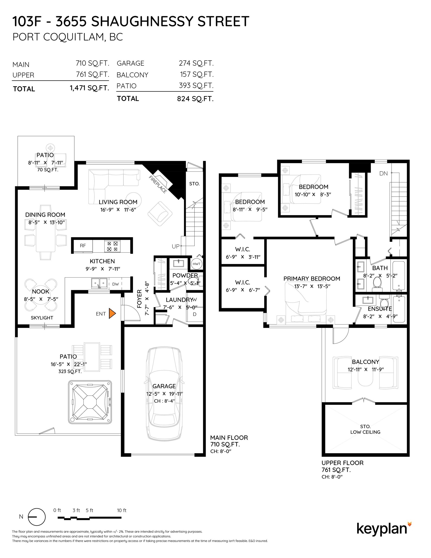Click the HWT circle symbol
tap(196, 264)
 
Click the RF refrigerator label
tap(83, 246)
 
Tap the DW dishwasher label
tap(115, 284)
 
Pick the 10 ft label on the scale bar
tap(122, 510)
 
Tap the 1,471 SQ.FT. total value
tap(89, 88)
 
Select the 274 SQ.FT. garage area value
tap(196, 63)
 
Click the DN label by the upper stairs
tap(384, 173)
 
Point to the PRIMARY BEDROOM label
tap(312, 279)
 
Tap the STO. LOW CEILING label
tap(365, 429)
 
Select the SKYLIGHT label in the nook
tap(42, 318)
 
